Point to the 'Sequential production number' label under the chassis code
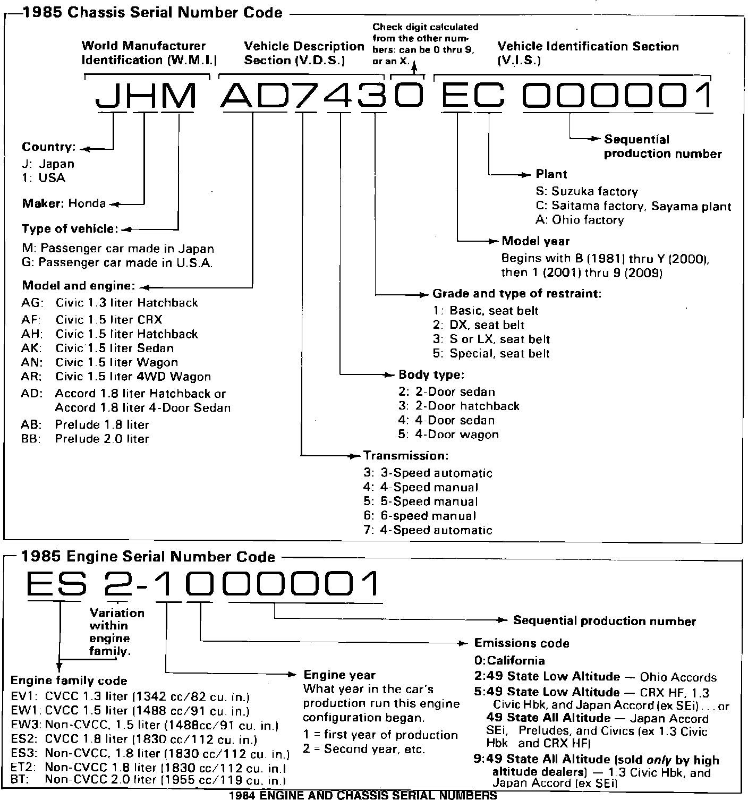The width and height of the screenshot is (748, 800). click(x=662, y=147)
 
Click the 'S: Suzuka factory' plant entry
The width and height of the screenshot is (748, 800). click(x=586, y=191)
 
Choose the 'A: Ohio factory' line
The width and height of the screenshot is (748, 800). click(x=580, y=219)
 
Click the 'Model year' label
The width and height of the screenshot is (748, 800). click(x=535, y=241)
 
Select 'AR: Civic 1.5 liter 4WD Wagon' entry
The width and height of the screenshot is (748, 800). click(x=116, y=377)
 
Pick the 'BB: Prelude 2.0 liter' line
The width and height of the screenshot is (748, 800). click(x=85, y=439)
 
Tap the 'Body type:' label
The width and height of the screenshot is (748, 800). click(x=431, y=375)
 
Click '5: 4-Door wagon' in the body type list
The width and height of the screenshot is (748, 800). click(x=448, y=435)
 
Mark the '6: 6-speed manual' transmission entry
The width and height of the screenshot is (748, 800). click(x=420, y=516)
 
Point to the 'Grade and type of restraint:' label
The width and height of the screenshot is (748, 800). click(x=517, y=293)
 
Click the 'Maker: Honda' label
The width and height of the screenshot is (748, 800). click(x=64, y=203)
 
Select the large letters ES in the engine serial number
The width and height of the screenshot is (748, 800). click(x=56, y=583)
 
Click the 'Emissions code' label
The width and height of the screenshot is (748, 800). click(x=521, y=643)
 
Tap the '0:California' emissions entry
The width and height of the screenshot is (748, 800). click(x=509, y=661)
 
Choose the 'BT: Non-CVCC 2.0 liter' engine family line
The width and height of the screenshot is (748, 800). click(x=148, y=780)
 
